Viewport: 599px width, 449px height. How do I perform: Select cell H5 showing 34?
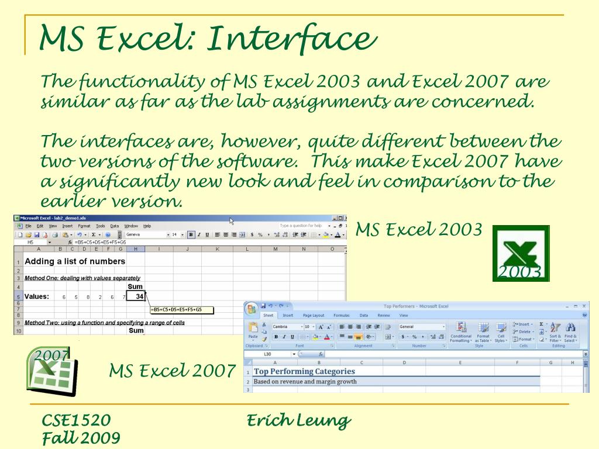(136, 296)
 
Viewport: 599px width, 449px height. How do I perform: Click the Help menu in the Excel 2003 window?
(147, 226)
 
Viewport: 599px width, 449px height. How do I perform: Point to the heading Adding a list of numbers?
(75, 261)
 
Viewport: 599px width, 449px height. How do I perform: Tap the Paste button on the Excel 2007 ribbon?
(253, 331)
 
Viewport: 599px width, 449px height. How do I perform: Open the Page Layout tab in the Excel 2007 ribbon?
(313, 315)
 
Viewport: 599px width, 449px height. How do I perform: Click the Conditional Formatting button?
(460, 333)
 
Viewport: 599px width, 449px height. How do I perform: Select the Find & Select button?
(570, 333)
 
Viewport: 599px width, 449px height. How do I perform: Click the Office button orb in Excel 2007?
(252, 308)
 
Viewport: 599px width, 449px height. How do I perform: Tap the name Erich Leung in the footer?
(298, 420)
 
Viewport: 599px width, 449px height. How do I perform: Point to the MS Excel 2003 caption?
(419, 229)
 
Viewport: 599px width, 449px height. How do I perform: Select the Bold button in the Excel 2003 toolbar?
(191, 234)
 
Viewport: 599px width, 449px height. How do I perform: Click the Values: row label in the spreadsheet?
(36, 296)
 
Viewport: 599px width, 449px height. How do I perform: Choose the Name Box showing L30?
(268, 354)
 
